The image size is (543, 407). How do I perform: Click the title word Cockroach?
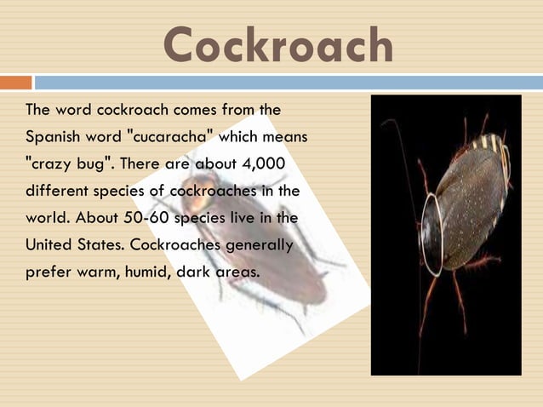[x=278, y=45]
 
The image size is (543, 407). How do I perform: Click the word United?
[x=49, y=245]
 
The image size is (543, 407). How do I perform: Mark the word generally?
[x=258, y=245]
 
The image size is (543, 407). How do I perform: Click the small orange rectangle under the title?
[x=15, y=83]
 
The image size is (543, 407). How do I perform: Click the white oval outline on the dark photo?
[x=432, y=235]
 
